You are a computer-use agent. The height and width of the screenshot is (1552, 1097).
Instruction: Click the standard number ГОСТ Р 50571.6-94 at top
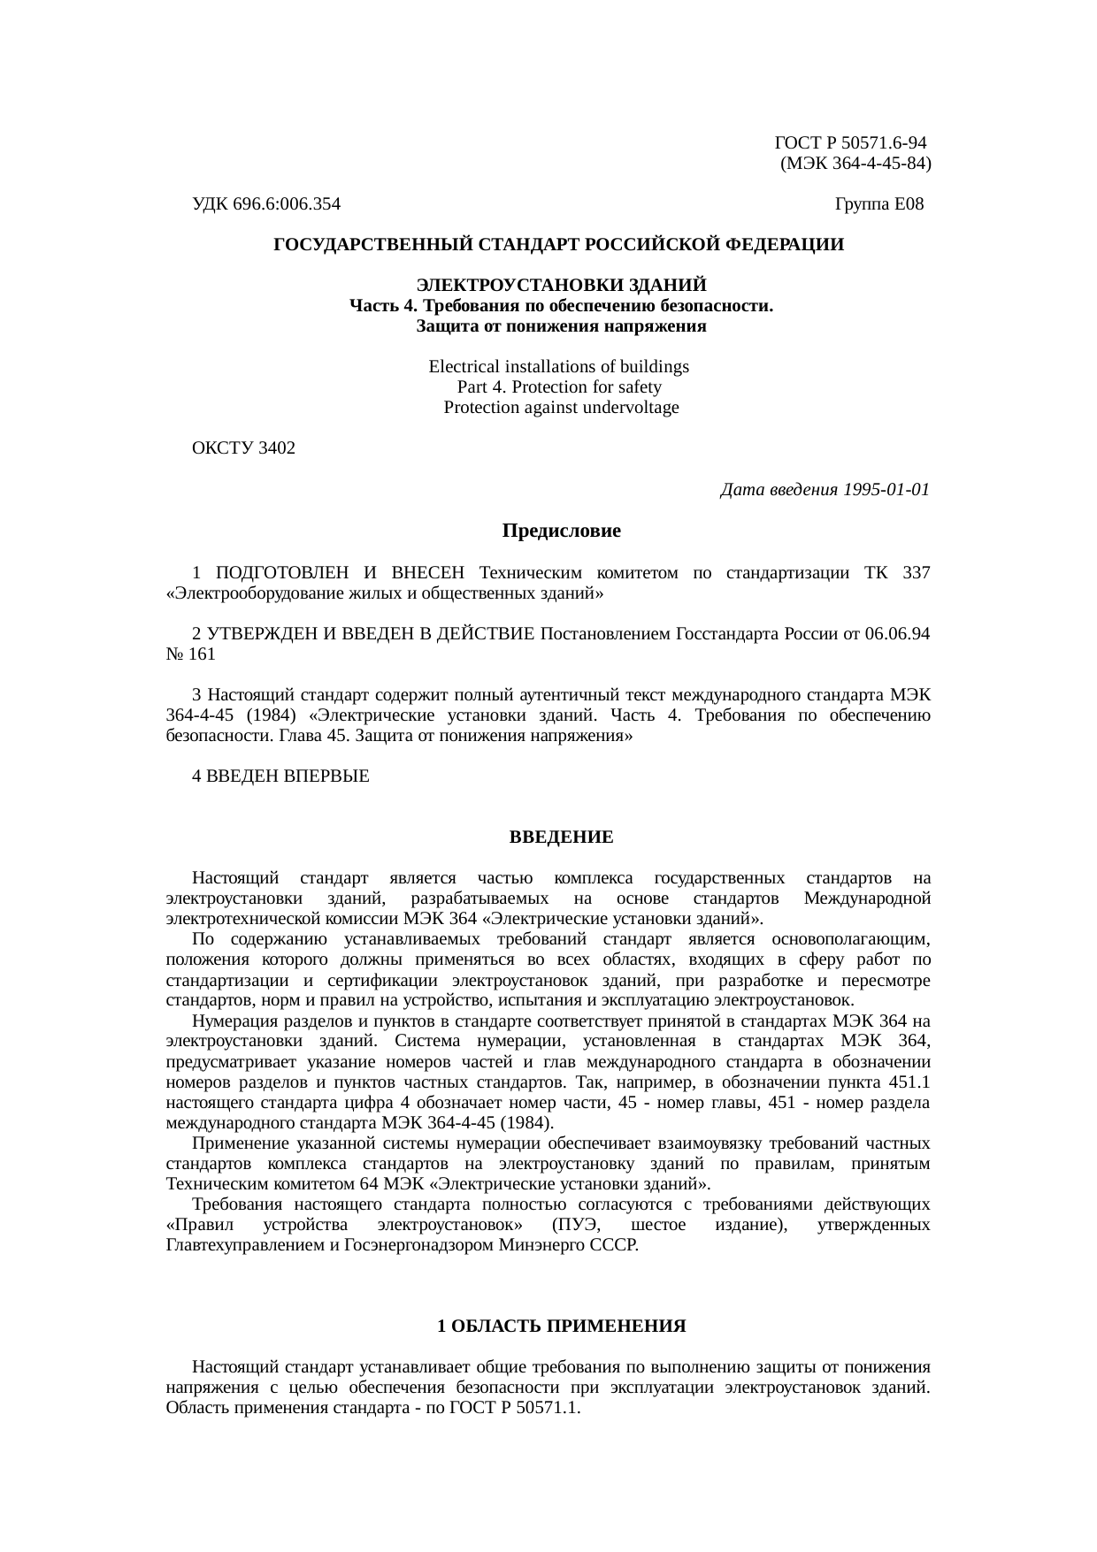[x=850, y=143]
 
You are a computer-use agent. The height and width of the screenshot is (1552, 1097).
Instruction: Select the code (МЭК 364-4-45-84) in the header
[x=855, y=164]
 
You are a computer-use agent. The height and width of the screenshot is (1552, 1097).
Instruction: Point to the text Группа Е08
[x=878, y=205]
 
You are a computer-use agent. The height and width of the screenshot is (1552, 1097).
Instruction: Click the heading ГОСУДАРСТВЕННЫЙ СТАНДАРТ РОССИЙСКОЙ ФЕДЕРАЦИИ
[x=558, y=244]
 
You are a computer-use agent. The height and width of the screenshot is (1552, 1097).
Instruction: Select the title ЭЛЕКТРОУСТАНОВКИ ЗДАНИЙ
[x=561, y=286]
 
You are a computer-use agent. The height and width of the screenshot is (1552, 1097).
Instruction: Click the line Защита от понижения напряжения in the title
[x=561, y=326]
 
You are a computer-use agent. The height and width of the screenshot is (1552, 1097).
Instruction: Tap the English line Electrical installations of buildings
[x=558, y=367]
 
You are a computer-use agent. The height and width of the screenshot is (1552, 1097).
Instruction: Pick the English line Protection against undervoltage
[x=561, y=408]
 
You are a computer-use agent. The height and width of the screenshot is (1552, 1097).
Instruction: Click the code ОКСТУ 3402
[x=243, y=448]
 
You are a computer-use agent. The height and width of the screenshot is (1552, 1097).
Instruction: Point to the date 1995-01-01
[x=886, y=490]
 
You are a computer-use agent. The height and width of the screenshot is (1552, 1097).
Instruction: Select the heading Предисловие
[x=561, y=531]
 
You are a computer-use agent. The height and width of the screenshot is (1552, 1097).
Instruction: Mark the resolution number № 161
[x=190, y=654]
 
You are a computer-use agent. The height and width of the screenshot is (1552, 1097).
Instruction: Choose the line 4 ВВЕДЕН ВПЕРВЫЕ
[x=280, y=776]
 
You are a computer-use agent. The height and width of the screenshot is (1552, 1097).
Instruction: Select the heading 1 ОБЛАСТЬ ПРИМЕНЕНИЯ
[x=561, y=1326]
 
